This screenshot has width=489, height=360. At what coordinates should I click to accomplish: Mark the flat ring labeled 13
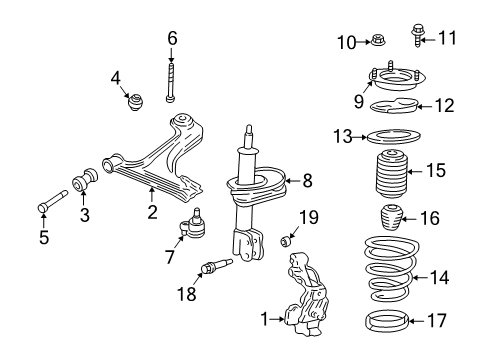click(x=384, y=279)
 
